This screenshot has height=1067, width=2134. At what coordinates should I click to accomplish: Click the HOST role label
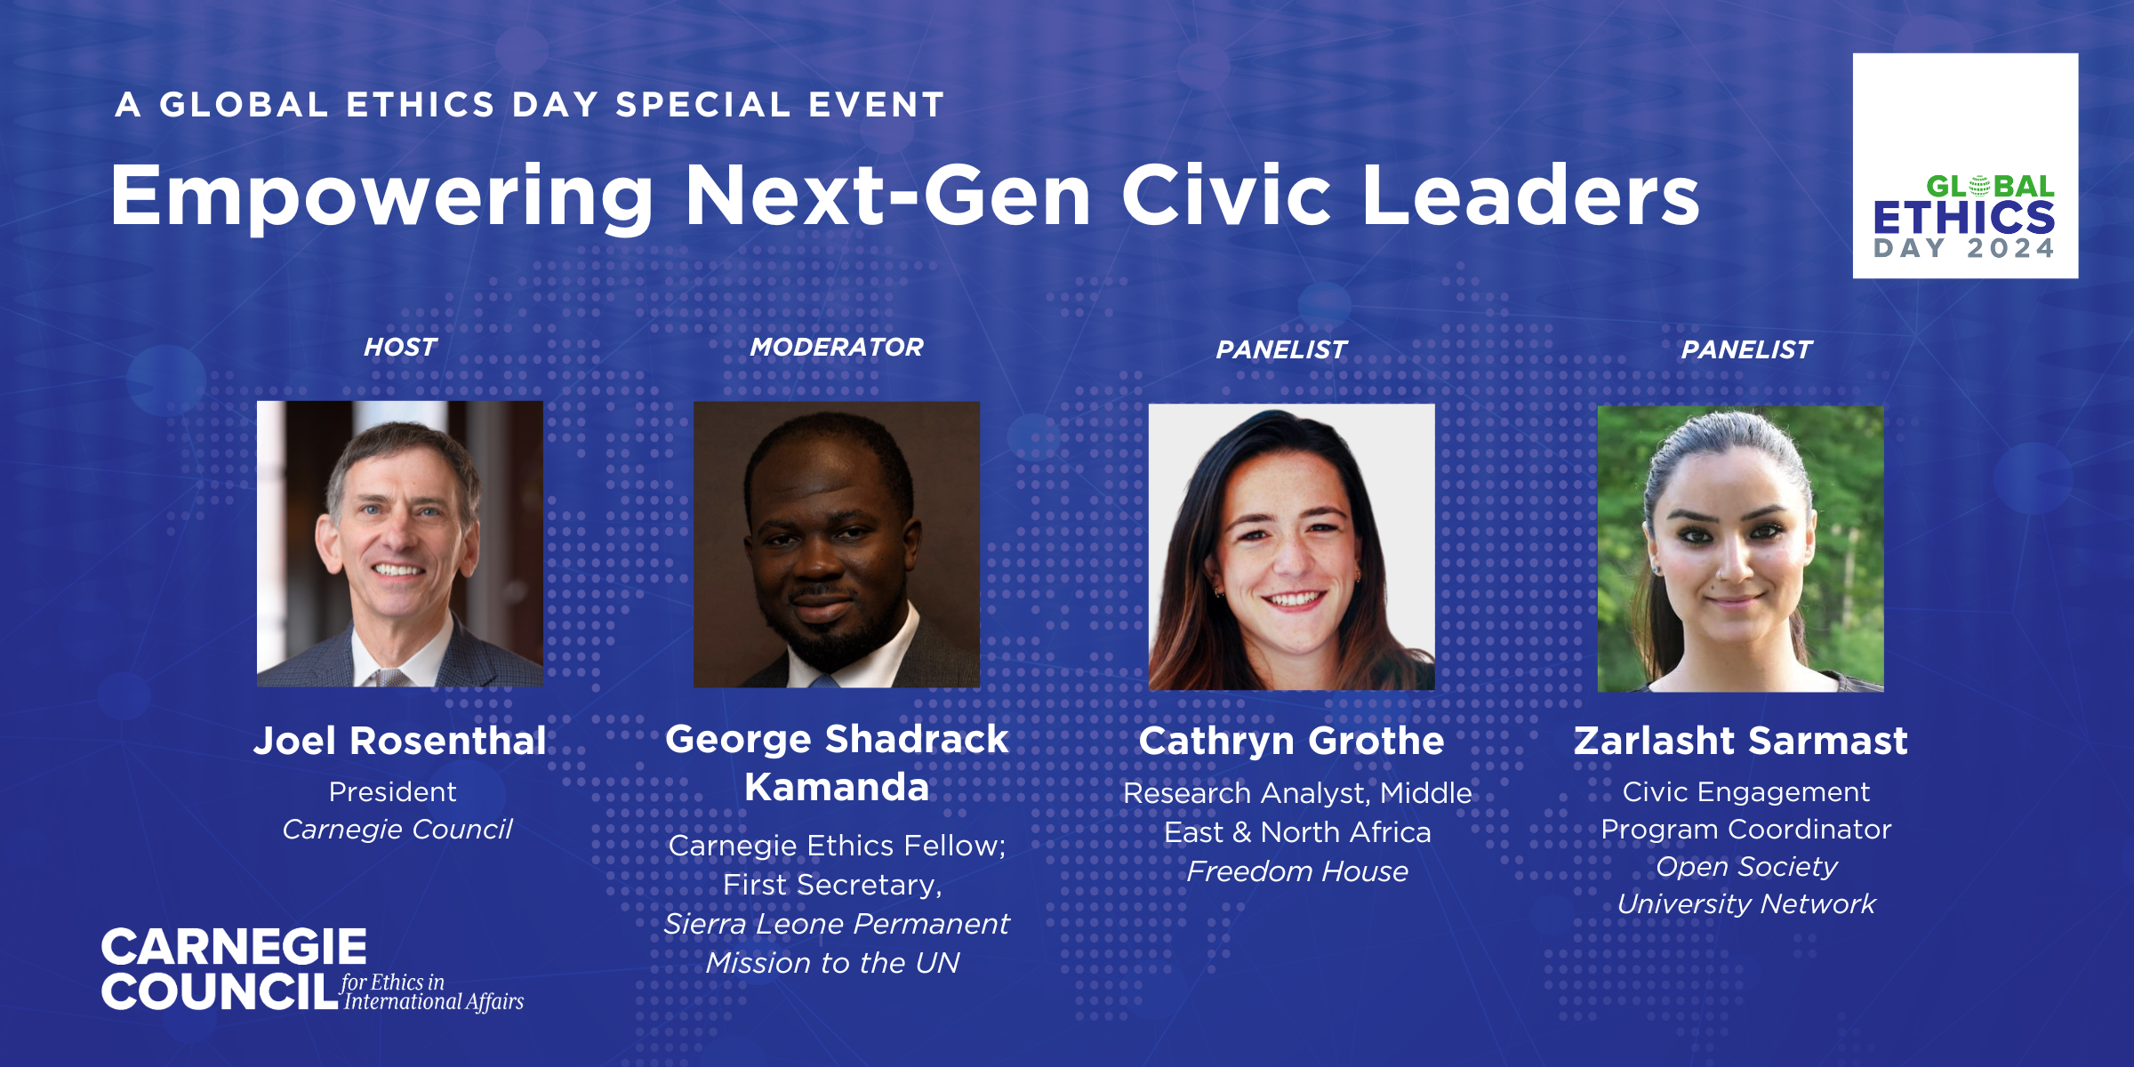coord(400,347)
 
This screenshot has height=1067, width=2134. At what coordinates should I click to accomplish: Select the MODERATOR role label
coord(837,347)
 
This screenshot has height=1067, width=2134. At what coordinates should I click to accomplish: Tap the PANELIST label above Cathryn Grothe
coord(1281,349)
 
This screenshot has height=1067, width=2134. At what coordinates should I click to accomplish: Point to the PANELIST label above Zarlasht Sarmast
coord(1746,349)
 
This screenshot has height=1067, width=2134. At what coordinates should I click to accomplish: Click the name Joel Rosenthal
coord(400,741)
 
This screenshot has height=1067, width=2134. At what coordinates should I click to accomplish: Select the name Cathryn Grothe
coord(1291,742)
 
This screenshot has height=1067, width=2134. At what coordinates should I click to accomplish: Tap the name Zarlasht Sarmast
coord(1740,741)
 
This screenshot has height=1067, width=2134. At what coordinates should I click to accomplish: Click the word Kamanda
coord(837,787)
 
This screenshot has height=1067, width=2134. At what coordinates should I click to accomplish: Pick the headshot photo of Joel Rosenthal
coord(400,543)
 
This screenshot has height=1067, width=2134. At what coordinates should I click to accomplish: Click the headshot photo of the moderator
coord(837,544)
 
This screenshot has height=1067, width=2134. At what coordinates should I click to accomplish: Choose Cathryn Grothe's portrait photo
coord(1291,547)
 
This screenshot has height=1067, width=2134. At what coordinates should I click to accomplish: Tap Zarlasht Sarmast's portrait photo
coord(1740,549)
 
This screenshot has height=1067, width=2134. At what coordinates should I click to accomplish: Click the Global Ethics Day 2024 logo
coord(1965,165)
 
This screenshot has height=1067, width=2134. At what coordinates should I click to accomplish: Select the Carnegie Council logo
coord(312,970)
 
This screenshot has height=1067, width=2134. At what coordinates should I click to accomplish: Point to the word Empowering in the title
coord(382,197)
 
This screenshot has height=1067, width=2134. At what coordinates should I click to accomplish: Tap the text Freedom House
coord(1297,871)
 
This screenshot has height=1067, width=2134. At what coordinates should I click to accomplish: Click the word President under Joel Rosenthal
coord(392,791)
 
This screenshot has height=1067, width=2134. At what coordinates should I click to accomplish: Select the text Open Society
coord(1746,867)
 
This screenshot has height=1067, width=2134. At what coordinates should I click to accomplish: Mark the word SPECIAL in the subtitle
coord(703,105)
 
